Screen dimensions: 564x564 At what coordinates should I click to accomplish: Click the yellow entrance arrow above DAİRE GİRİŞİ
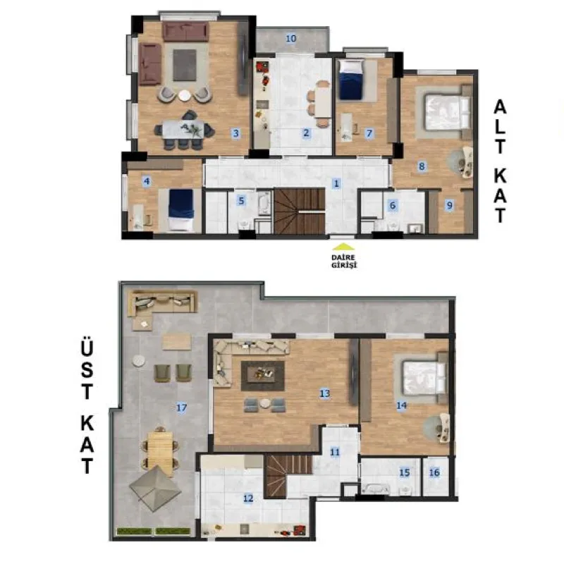pyautogui.click(x=343, y=246)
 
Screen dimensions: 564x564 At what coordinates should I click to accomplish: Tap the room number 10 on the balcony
pyautogui.click(x=291, y=38)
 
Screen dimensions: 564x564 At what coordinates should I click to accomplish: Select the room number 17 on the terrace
pyautogui.click(x=182, y=407)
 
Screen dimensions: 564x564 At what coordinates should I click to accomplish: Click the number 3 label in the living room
pyautogui.click(x=235, y=133)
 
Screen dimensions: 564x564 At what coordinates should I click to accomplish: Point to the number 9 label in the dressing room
pyautogui.click(x=449, y=205)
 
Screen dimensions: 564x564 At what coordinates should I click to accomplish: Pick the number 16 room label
pyautogui.click(x=434, y=472)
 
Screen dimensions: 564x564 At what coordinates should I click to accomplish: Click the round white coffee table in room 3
pyautogui.click(x=185, y=95)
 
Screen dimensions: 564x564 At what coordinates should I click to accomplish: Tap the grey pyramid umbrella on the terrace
pyautogui.click(x=155, y=488)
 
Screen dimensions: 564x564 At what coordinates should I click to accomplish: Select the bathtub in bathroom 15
pyautogui.click(x=376, y=489)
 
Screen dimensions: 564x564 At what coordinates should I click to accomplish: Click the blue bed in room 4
pyautogui.click(x=181, y=209)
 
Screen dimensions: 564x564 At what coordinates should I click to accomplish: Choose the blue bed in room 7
pyautogui.click(x=351, y=80)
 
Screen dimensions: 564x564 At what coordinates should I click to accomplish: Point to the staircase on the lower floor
pyautogui.click(x=300, y=211)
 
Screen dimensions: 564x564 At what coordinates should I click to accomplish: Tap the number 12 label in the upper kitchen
pyautogui.click(x=248, y=498)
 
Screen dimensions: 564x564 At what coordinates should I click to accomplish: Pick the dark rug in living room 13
pyautogui.click(x=263, y=376)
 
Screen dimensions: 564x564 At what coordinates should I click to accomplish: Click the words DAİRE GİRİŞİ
pyautogui.click(x=344, y=262)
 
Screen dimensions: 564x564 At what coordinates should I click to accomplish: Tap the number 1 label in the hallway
pyautogui.click(x=336, y=183)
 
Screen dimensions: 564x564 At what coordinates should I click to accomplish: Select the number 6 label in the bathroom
pyautogui.click(x=393, y=205)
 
